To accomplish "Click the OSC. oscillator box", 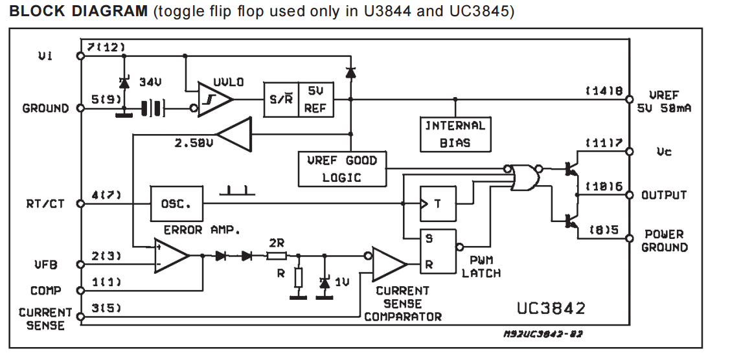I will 176,203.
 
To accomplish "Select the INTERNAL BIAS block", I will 455,134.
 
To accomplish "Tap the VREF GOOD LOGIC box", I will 342,168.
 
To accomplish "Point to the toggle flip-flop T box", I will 438,203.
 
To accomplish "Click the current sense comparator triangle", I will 389,264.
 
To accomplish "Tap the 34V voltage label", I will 150,82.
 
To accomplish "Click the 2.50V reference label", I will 194,142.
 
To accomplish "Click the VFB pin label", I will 46,264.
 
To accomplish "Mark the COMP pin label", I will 46,291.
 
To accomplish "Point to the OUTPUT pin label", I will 664,195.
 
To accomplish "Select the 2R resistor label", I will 276,243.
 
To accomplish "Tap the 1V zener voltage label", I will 341,282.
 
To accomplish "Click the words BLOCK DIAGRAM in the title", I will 78,12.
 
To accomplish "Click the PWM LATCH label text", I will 481,267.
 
